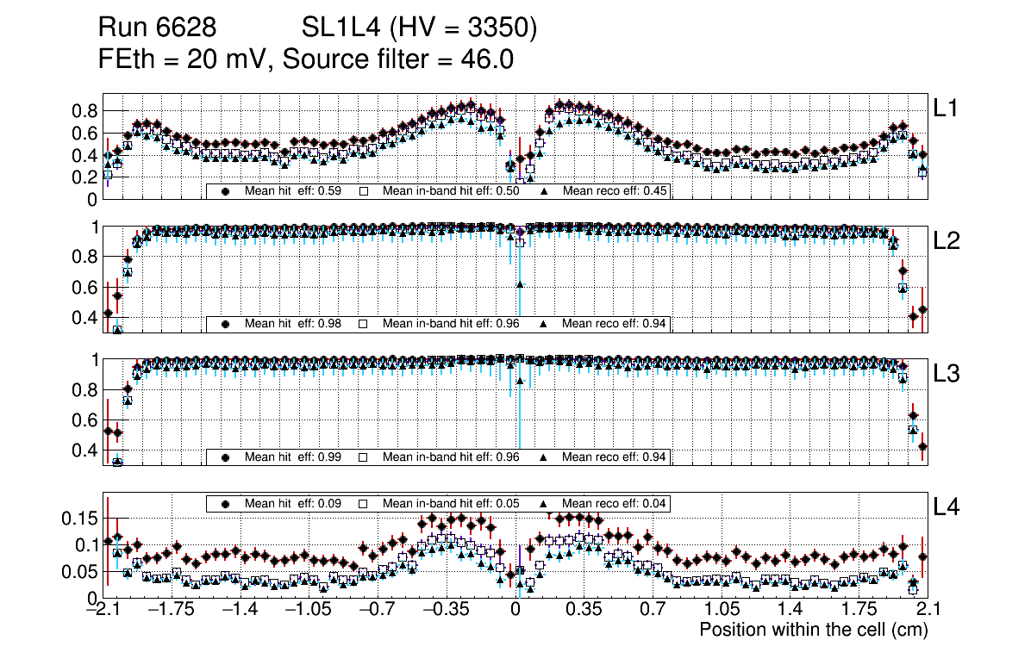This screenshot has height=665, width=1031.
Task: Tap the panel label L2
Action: tap(947, 241)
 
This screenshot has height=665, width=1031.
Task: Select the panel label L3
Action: tap(947, 374)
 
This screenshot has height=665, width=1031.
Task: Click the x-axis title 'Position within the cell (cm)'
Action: tap(813, 630)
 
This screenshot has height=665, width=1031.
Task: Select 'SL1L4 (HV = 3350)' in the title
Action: tap(420, 29)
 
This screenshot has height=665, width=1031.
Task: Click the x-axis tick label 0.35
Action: tap(584, 610)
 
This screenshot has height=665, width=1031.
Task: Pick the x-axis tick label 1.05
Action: tap(722, 610)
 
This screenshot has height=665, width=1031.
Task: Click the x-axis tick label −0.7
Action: tap(377, 610)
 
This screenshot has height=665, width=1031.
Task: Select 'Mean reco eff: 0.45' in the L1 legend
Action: tap(615, 191)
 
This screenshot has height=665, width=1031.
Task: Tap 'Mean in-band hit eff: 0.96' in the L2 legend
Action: tap(451, 324)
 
